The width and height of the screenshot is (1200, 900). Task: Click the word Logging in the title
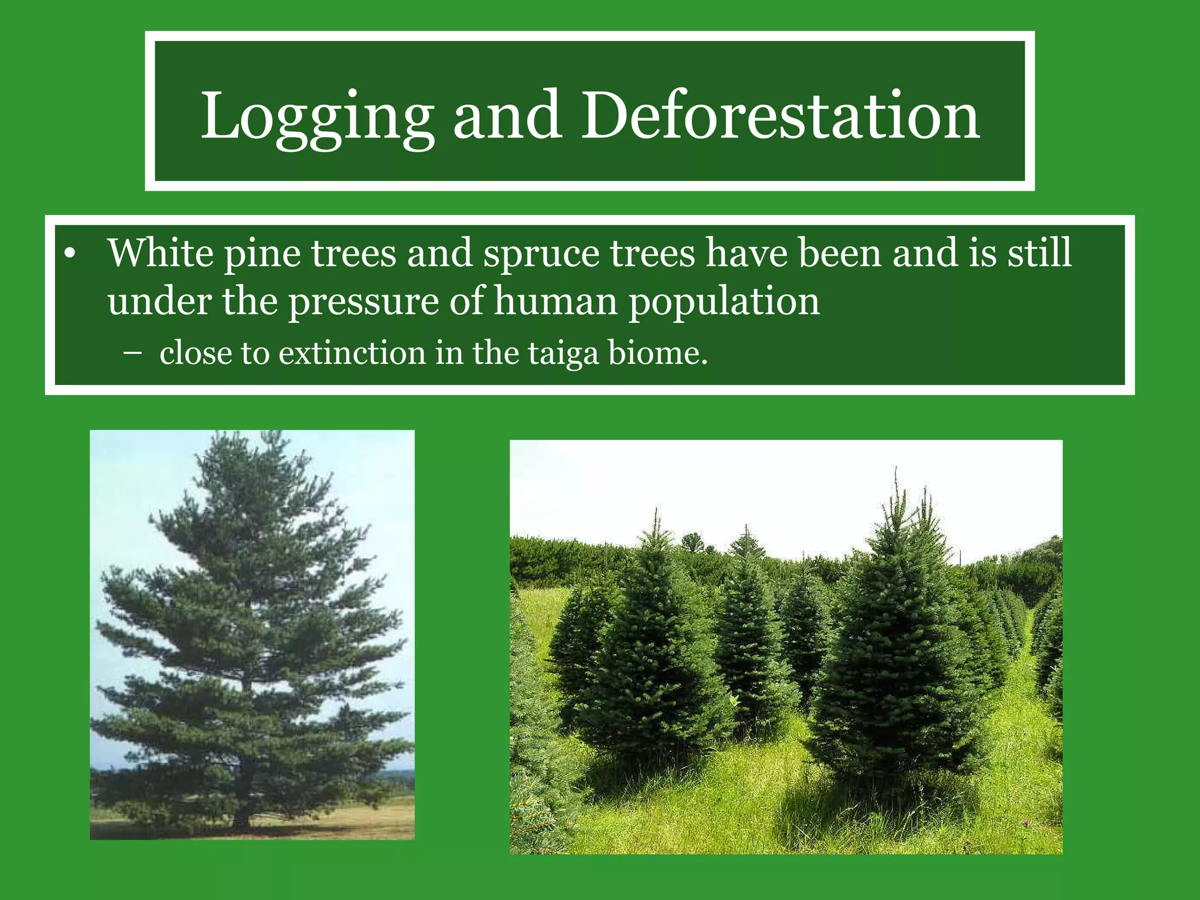coord(317,117)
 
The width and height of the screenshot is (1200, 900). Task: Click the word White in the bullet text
coord(161,253)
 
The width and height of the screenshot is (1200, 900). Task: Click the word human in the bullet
coord(555,302)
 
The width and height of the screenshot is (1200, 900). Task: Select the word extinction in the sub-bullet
coord(352,353)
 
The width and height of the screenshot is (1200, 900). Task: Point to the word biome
coord(658,353)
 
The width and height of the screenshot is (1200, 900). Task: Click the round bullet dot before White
coord(70,254)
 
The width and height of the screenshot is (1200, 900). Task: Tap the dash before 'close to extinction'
coord(133,353)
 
